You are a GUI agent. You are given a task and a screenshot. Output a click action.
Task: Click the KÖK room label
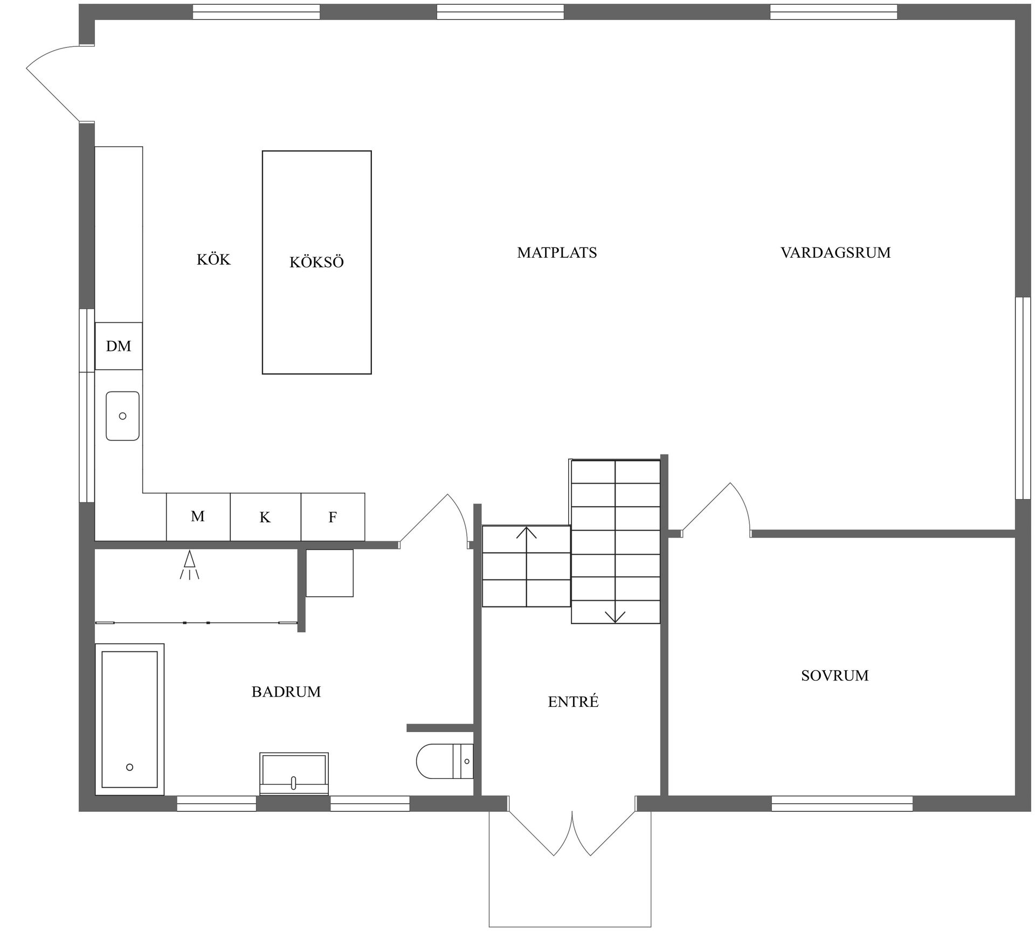click(213, 259)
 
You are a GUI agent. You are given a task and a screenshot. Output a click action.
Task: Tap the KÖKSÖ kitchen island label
click(316, 262)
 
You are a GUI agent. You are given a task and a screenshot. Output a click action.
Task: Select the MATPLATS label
click(557, 252)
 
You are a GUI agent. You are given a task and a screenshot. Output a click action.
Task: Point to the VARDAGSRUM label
click(836, 252)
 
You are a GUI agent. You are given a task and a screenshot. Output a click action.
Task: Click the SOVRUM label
click(834, 675)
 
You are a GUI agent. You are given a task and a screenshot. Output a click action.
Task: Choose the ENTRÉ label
click(573, 701)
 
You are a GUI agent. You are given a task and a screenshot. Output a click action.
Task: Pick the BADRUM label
click(286, 692)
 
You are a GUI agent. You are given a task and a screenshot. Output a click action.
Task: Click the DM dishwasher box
click(119, 346)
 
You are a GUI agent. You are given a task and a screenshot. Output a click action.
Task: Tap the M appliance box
click(198, 516)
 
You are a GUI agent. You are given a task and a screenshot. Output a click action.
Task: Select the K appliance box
click(265, 516)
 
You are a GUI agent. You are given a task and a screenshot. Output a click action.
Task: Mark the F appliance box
click(333, 516)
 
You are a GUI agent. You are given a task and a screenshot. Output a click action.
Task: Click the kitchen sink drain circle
click(122, 416)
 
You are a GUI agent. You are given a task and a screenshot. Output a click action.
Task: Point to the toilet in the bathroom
click(445, 761)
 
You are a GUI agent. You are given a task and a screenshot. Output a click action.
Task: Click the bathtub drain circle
click(129, 767)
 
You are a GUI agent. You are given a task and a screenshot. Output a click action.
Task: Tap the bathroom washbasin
click(294, 774)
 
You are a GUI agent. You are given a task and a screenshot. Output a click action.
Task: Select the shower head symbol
click(189, 565)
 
